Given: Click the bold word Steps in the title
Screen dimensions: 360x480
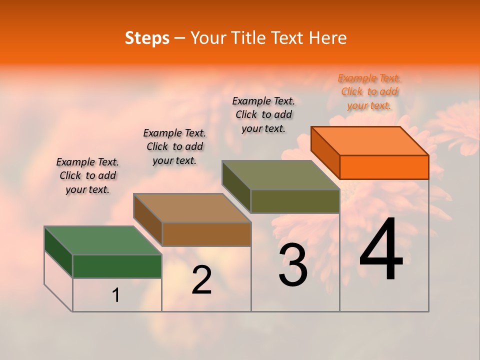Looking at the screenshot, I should (147, 38).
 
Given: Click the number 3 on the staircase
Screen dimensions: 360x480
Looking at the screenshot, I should (293, 265).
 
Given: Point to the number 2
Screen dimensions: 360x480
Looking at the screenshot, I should (202, 280).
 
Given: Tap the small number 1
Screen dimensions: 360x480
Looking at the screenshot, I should (116, 295).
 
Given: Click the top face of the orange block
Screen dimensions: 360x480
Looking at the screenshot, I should (370, 140).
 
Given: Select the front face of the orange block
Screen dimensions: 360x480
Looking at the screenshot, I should (384, 167).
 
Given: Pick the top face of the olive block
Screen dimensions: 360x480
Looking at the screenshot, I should (281, 175).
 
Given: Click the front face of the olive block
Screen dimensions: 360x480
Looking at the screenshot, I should (295, 201).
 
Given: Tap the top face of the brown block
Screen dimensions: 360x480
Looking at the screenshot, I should (192, 208).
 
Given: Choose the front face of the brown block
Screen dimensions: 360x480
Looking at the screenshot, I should (206, 234).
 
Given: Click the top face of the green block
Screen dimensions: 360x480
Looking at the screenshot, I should (103, 240).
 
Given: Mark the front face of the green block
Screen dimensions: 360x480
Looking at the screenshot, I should (117, 266).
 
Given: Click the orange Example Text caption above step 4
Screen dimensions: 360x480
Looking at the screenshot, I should (369, 91).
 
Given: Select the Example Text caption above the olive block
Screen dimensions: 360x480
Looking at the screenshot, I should (263, 114).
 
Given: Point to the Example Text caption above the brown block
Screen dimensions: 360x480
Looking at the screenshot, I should (174, 146).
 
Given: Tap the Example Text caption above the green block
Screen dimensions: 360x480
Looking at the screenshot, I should (87, 175).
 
